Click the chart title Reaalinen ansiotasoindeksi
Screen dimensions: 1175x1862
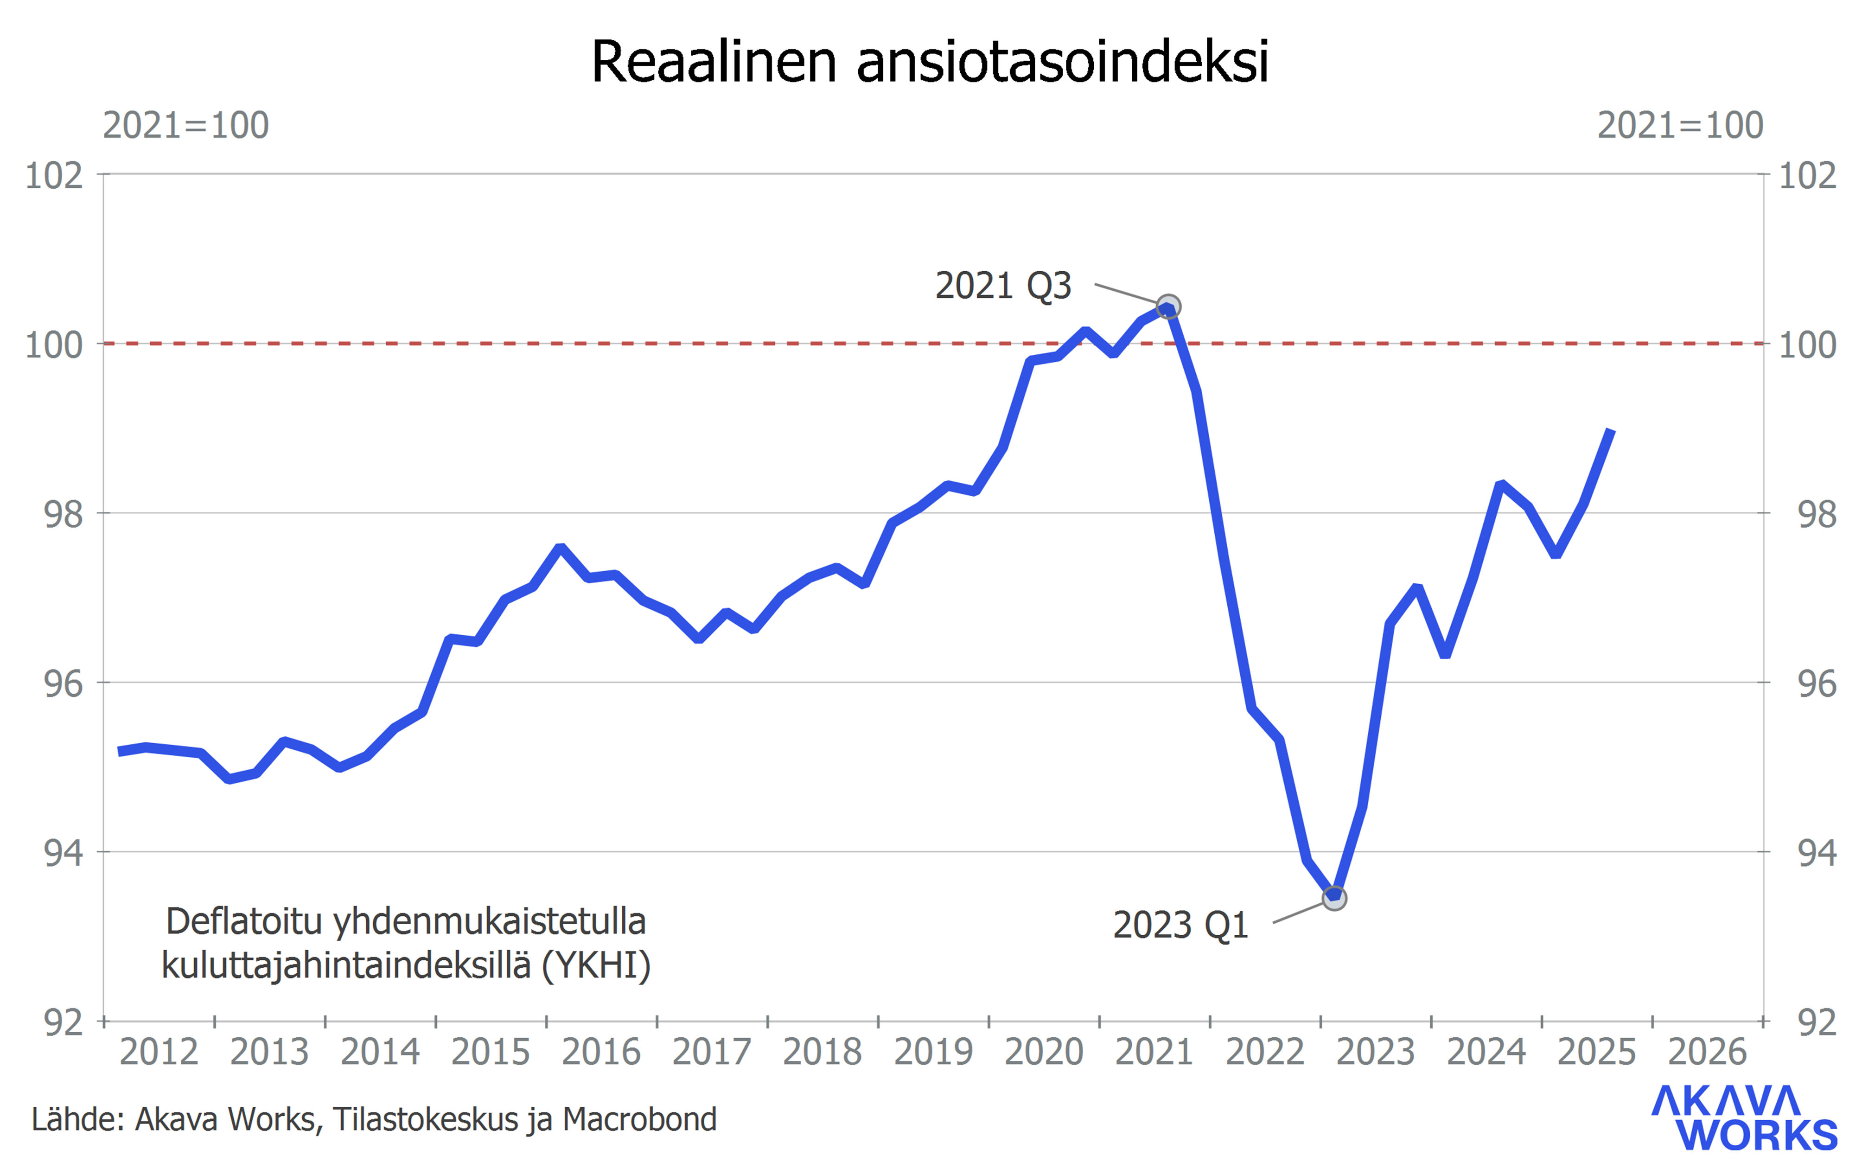930,62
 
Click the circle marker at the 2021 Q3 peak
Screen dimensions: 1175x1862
1168,307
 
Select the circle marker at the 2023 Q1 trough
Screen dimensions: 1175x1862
1334,898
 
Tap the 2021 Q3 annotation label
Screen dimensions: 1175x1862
1003,286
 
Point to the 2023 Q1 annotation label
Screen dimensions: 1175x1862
1181,925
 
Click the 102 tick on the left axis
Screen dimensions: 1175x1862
54,176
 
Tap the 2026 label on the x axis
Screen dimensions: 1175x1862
1707,1052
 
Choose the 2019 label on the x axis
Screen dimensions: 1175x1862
933,1052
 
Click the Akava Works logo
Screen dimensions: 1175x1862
1744,1118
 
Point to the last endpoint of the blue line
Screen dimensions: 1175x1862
1611,431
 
